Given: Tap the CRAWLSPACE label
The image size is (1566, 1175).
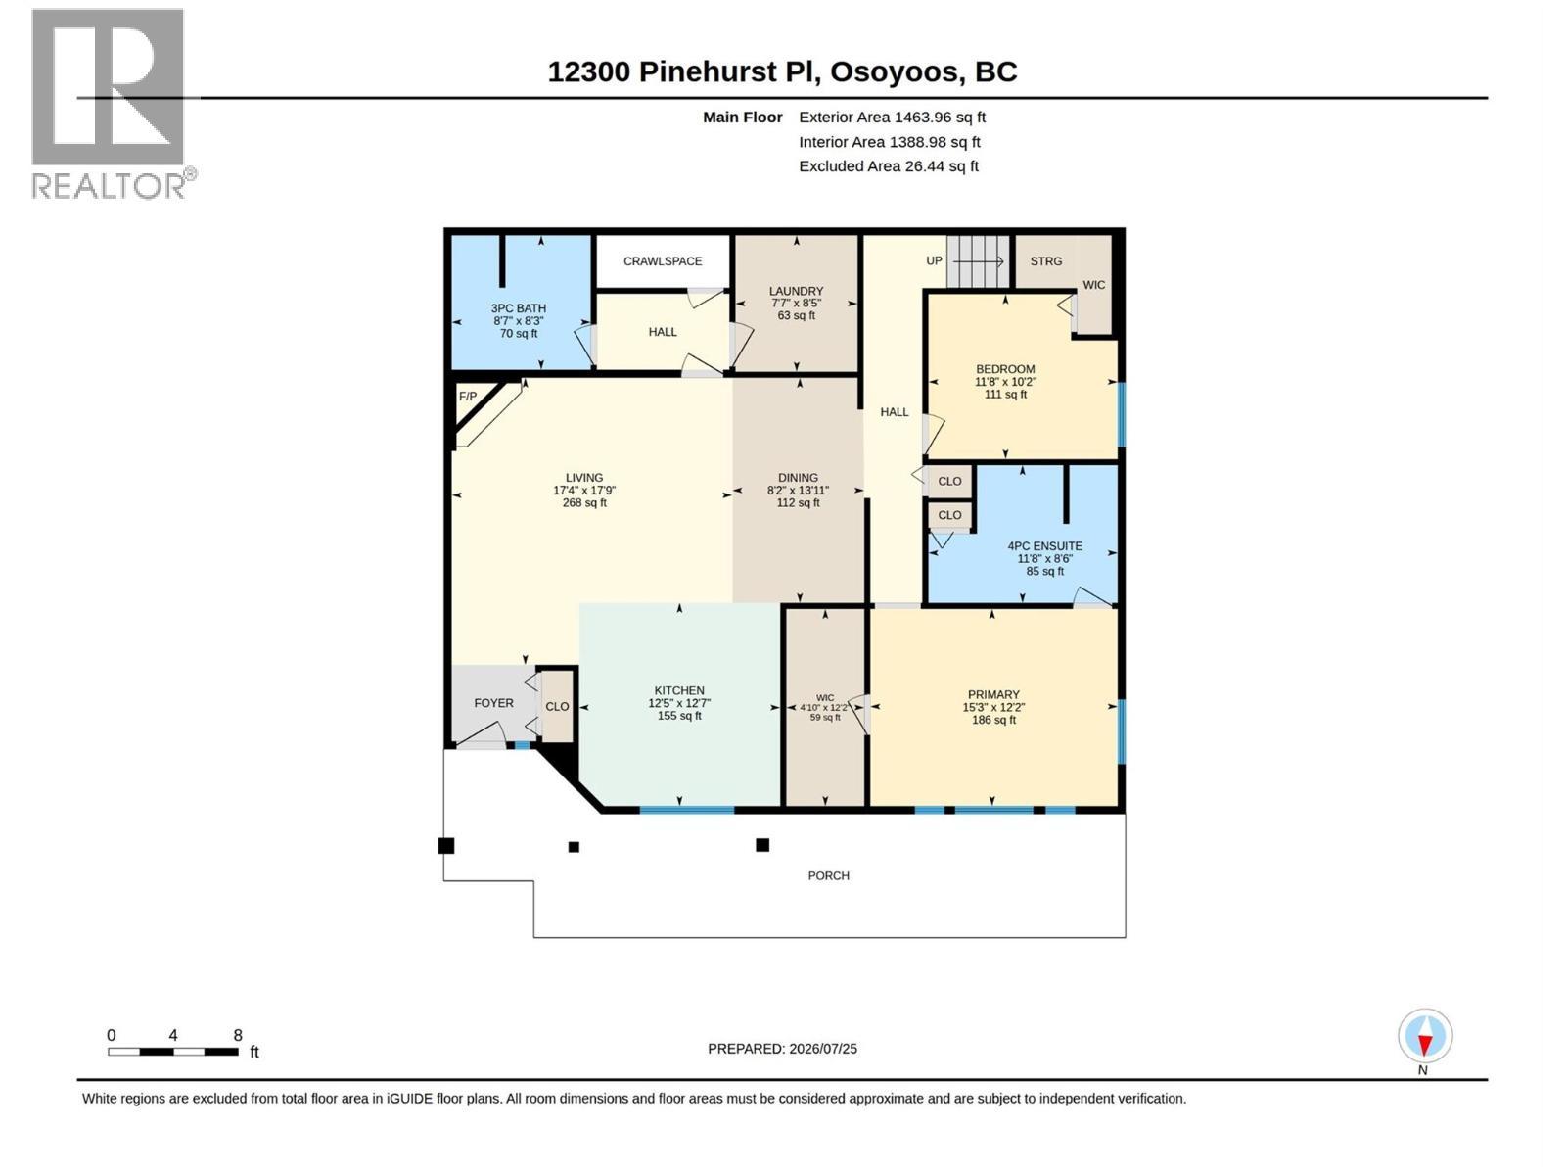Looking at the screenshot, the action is [662, 261].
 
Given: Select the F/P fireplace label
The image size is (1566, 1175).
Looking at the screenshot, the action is [467, 396].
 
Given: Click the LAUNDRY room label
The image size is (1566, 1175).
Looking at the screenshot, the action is [796, 291].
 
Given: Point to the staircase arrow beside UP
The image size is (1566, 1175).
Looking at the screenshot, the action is [978, 261].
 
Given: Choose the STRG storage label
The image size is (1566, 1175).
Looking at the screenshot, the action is [1046, 261].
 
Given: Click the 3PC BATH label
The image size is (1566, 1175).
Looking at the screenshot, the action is [518, 308].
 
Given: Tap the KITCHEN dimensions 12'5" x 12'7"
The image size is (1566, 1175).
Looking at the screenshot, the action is [678, 703].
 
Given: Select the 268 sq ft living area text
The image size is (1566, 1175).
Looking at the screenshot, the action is [584, 503].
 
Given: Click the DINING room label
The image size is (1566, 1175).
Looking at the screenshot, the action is [798, 478].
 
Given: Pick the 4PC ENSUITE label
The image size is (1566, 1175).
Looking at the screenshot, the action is [1044, 546].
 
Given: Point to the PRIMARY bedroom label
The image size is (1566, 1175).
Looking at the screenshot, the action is [993, 695].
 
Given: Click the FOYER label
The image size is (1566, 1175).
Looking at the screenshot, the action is [493, 703].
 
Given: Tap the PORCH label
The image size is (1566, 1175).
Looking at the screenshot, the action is [828, 876].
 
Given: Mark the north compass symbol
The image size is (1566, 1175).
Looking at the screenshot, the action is [1424, 1036].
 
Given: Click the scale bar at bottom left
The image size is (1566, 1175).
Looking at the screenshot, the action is [173, 1052].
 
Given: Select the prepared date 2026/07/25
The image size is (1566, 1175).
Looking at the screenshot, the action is [822, 1049].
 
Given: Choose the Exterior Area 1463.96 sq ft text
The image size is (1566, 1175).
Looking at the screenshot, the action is [892, 117].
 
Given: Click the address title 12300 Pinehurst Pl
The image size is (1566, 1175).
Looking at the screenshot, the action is [683, 72].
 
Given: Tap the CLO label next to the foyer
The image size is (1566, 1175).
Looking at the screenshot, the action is [557, 707].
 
